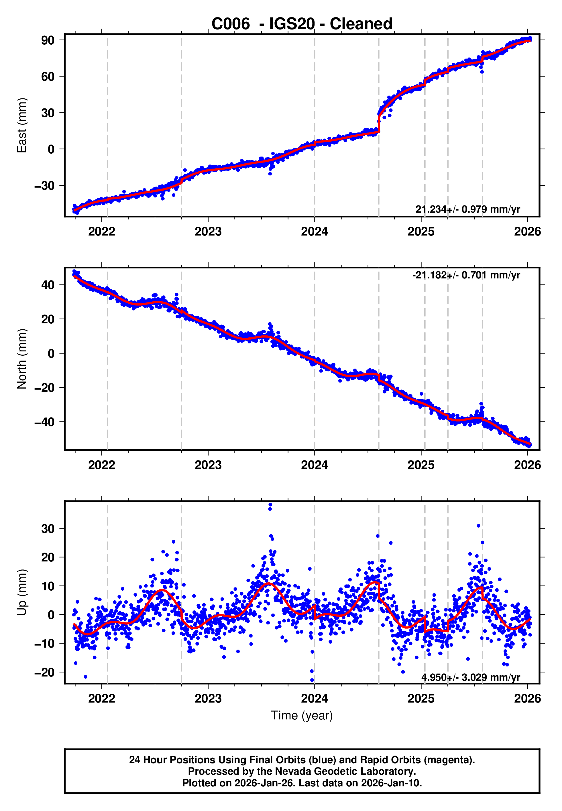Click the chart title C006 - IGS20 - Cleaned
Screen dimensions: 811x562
(302, 24)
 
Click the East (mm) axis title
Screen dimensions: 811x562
(22, 125)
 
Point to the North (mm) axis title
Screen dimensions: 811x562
(22, 359)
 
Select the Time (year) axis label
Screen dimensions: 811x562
(302, 715)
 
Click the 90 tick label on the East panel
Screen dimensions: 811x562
(48, 40)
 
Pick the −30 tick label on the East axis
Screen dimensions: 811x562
(44, 185)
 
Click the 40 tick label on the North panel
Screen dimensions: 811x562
(48, 284)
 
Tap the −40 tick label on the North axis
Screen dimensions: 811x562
(44, 422)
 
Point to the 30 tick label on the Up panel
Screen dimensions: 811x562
(48, 529)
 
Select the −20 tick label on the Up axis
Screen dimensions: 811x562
(44, 672)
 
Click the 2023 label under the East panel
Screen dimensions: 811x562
(208, 232)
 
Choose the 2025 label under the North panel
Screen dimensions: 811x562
(421, 465)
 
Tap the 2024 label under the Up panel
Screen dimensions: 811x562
(315, 698)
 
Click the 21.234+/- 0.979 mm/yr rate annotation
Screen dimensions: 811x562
(468, 209)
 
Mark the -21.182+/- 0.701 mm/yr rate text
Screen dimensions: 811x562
(466, 275)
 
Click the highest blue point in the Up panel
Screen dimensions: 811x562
(270, 505)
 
